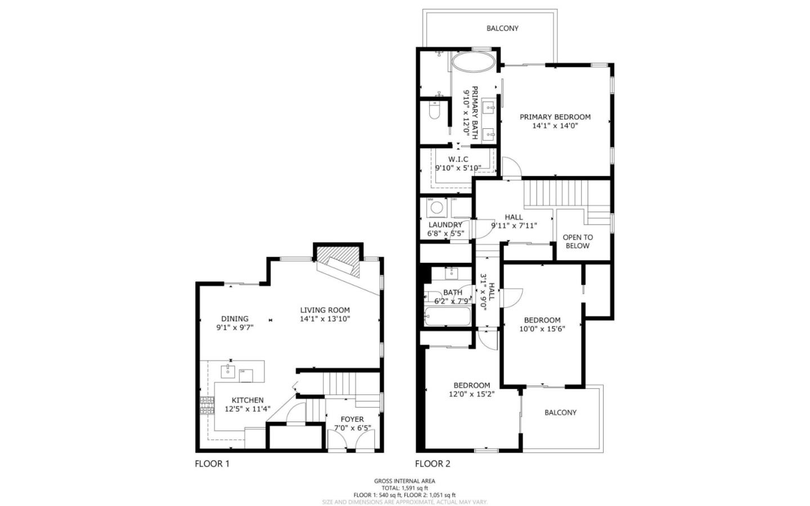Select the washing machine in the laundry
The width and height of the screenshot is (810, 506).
click(x=436, y=208)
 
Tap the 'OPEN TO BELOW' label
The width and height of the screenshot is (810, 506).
click(x=578, y=241)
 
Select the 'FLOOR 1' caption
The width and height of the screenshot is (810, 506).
click(x=212, y=464)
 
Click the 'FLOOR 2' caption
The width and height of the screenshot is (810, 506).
click(x=433, y=464)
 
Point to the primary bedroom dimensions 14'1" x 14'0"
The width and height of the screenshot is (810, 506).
click(x=555, y=126)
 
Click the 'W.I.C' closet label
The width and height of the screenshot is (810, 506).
click(x=458, y=159)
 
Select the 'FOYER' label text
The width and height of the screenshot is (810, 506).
click(x=352, y=419)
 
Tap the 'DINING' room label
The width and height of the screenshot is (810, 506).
click(x=235, y=319)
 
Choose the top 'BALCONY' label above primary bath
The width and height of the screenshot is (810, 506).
click(x=502, y=28)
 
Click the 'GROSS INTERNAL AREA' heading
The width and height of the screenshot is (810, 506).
click(x=404, y=481)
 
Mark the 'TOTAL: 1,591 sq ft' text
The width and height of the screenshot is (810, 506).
click(x=404, y=488)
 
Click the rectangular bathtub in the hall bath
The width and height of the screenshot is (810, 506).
click(x=447, y=317)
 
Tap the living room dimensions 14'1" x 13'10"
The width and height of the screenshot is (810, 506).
click(x=325, y=319)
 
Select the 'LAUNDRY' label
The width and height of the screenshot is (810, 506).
click(x=445, y=225)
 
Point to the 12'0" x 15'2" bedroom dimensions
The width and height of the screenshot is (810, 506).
click(x=471, y=394)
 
